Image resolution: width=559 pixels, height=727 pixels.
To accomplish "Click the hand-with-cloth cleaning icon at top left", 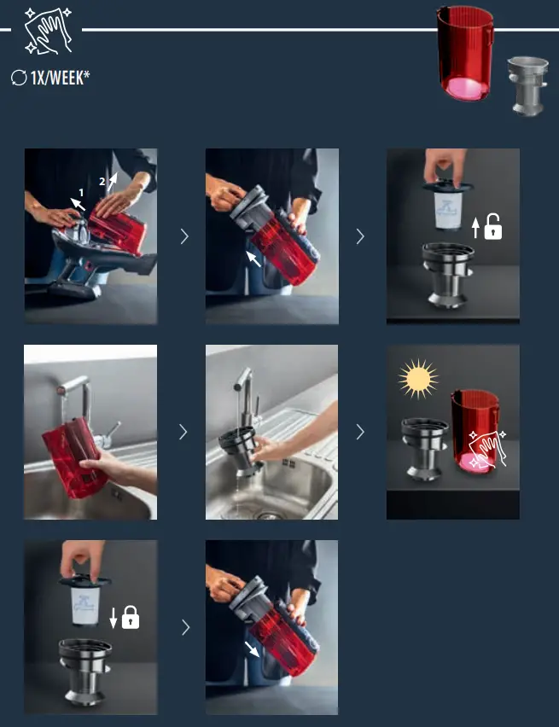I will point(49,30).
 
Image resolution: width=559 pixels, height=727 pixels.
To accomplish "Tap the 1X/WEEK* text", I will point(60,79).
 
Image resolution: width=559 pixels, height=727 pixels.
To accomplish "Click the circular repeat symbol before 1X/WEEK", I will point(19,79).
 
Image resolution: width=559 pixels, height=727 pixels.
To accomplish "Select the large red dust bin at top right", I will point(464,55).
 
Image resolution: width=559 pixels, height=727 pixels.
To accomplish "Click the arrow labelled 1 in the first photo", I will point(79,203).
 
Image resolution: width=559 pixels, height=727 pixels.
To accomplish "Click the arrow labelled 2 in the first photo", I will point(111,181).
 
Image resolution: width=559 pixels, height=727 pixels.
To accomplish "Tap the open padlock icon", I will point(492,227).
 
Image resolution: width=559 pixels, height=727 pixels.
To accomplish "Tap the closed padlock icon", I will point(130,618).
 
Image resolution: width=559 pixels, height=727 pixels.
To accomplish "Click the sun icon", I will point(419,378).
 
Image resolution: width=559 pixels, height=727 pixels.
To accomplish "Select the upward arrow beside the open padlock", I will point(475,227).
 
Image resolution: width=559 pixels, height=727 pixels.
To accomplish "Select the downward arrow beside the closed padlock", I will point(113,618).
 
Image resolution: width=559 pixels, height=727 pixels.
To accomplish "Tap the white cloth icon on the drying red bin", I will point(486,448).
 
